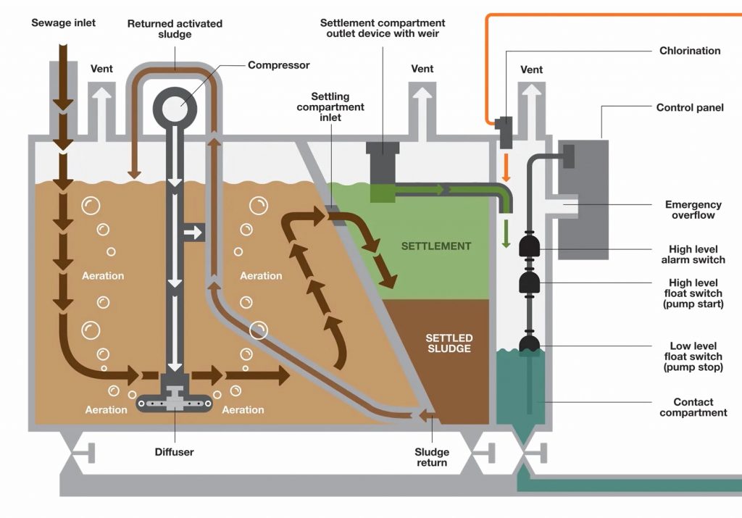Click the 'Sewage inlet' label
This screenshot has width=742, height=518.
[x=63, y=23]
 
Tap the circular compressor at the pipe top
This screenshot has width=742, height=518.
[x=175, y=106]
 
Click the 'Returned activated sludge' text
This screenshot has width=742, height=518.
[x=175, y=29]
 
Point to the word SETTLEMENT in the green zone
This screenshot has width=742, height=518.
[x=436, y=246]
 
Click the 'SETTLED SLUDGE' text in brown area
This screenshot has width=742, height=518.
[x=449, y=343]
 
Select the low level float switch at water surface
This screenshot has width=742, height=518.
[x=529, y=345]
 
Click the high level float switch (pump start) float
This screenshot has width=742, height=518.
[x=529, y=282]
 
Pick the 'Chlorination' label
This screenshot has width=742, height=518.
[x=689, y=51]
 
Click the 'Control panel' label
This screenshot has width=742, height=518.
[x=689, y=108]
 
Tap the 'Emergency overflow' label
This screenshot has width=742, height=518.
[x=693, y=210]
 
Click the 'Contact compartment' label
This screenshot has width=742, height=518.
[x=693, y=407]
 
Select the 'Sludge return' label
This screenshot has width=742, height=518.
[x=432, y=457]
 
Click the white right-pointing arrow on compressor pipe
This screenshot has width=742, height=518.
[x=193, y=233]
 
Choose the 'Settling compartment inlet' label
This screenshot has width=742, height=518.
[x=338, y=107]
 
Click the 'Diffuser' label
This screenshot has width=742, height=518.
[x=174, y=452]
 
